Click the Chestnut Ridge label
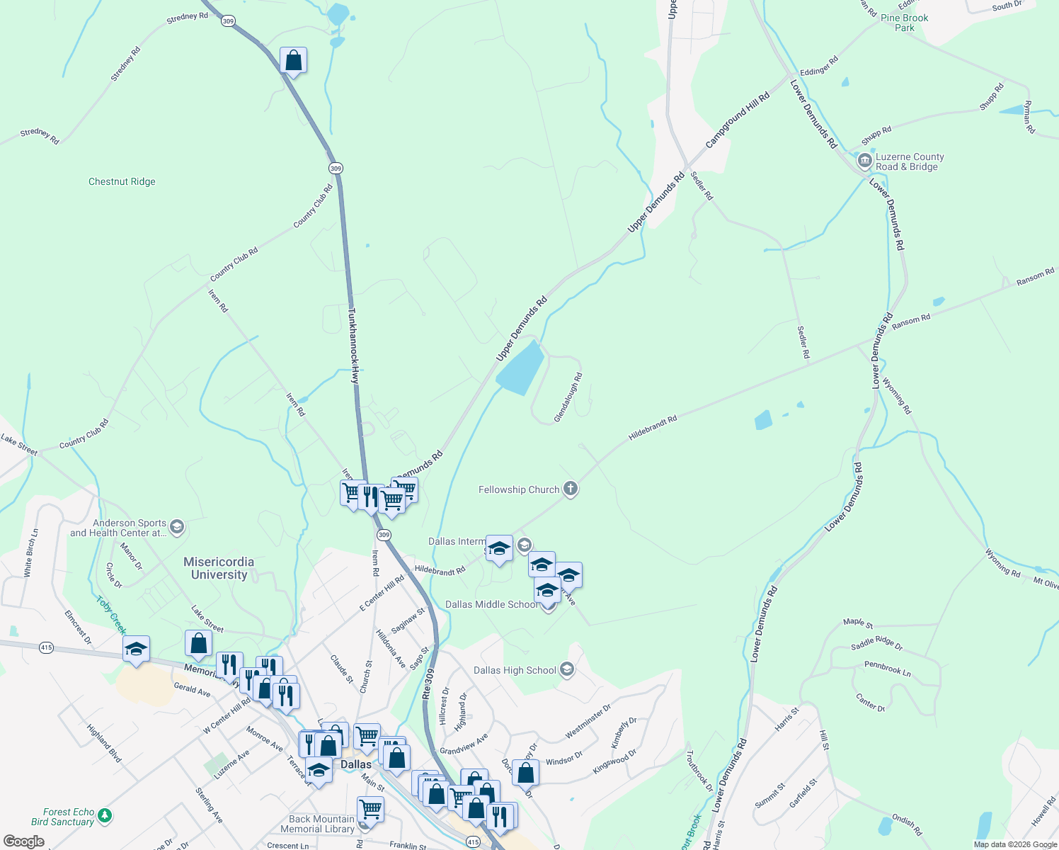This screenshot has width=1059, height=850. click(x=122, y=182)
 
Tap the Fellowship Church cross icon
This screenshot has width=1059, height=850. click(x=571, y=489)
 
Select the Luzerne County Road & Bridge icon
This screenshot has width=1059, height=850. click(x=864, y=161)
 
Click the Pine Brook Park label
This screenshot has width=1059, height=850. click(x=904, y=23)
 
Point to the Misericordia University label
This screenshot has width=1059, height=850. click(x=219, y=568)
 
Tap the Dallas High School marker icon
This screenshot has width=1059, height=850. click(x=566, y=669)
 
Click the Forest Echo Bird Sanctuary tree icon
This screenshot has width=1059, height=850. click(x=105, y=816)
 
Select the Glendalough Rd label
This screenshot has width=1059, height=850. click(x=568, y=398)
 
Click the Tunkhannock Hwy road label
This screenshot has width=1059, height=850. click(x=354, y=346)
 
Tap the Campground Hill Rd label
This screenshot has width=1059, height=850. click(x=737, y=120)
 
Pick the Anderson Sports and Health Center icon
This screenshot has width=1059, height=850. click(x=177, y=527)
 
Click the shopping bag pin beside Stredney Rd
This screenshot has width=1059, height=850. click(x=293, y=62)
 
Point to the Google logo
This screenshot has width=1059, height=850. click(x=24, y=841)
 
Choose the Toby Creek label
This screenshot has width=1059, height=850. click(x=111, y=616)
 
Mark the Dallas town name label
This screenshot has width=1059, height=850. click(x=355, y=764)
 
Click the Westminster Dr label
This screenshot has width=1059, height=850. click(x=588, y=722)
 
